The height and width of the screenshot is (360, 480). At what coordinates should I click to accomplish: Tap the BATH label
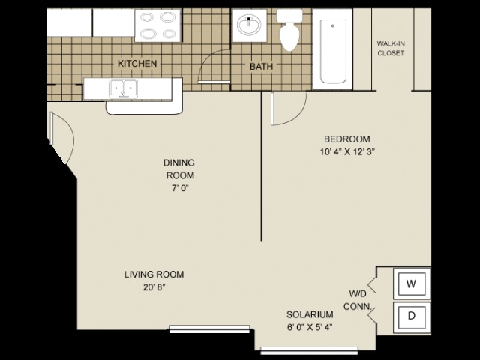coord(261,67)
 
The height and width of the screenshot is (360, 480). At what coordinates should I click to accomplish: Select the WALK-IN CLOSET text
coord(390,49)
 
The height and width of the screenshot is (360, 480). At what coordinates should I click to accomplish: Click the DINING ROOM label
coord(179,169)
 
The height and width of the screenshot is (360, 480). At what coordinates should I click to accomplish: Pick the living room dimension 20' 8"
coord(154,287)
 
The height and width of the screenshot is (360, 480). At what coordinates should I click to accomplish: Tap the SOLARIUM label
coord(310,314)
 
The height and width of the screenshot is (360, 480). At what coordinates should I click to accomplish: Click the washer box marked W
coord(410,283)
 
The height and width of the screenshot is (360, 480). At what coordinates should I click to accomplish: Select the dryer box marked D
coord(411,316)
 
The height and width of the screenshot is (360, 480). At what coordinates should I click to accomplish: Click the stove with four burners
coord(158,25)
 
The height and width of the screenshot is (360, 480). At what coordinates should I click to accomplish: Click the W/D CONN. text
coord(356,299)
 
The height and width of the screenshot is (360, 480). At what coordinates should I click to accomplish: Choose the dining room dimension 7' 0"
coord(178,188)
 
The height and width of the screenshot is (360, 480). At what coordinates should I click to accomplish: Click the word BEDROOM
coord(346,139)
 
